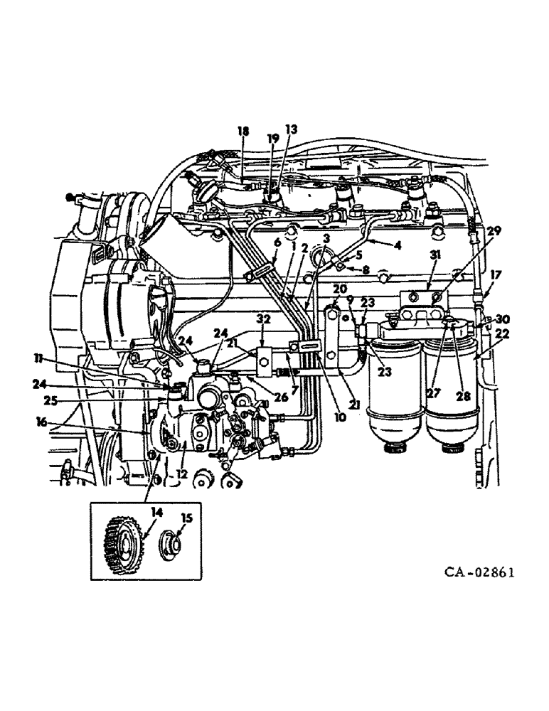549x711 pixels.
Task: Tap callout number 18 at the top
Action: [243, 132]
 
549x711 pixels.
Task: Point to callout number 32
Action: [264, 320]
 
